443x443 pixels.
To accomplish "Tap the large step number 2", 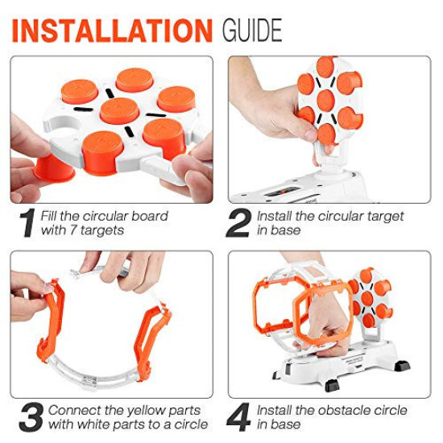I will pos(238,224).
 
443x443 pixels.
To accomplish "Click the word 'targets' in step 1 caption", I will pos(106,231).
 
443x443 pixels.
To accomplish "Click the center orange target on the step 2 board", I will pos(326,101).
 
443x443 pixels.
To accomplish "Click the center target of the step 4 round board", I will pos(371,298).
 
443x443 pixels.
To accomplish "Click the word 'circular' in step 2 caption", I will pos(351,216).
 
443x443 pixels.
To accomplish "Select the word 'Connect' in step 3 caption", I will pos(72,410).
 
